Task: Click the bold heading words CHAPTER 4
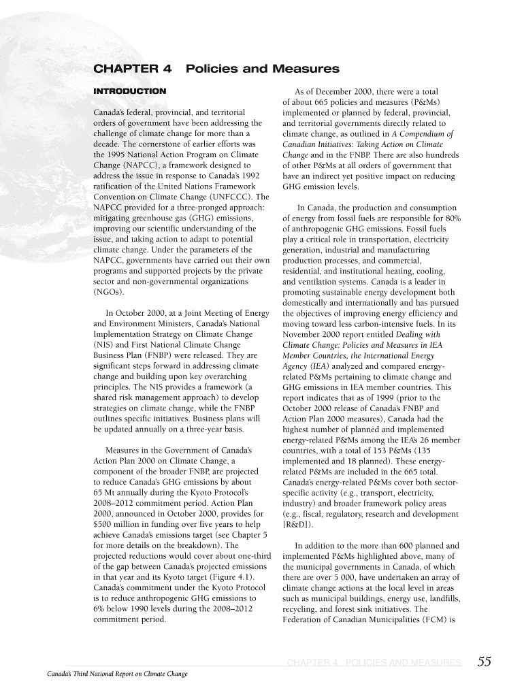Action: [132, 69]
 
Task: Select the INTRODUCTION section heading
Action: [129, 91]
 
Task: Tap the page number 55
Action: [485, 662]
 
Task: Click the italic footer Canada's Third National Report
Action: [112, 674]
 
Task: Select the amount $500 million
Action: [116, 523]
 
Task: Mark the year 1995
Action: [115, 155]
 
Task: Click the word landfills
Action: [441, 598]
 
